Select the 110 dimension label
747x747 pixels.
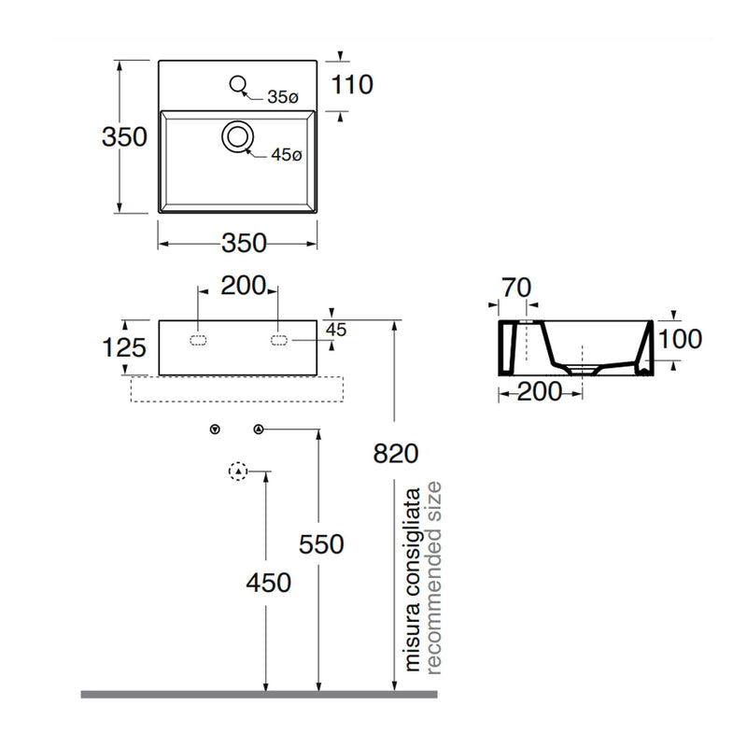[352, 85]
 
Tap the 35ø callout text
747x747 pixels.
[283, 97]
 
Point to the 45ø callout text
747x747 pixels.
[287, 154]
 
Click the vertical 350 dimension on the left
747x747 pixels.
[124, 136]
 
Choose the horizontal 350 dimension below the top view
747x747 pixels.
[244, 243]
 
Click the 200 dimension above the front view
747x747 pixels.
[243, 286]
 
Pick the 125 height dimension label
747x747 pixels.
[124, 347]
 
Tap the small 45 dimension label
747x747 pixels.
[336, 330]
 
